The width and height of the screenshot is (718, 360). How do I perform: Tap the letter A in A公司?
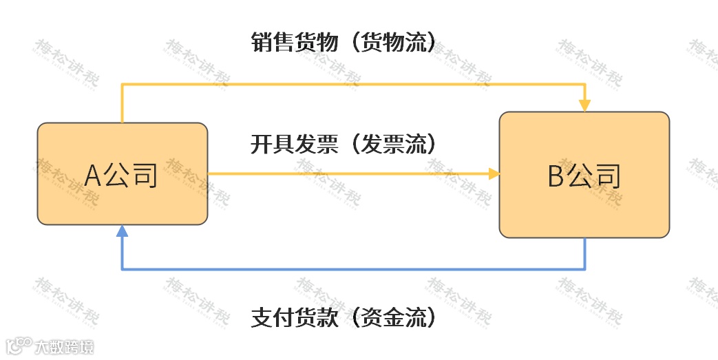tap(94, 176)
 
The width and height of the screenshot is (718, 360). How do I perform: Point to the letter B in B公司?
tap(556, 176)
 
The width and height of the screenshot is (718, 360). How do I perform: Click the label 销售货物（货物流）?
tap(344, 42)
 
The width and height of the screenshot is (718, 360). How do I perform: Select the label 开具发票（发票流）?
tap(344, 145)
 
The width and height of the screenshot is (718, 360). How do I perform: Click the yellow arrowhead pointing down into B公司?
tap(584, 105)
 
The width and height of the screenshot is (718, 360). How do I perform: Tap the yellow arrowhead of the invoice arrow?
tap(494, 174)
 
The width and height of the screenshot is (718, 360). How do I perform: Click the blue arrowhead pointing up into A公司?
tap(122, 231)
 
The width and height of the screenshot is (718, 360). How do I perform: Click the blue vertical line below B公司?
tap(585, 253)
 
